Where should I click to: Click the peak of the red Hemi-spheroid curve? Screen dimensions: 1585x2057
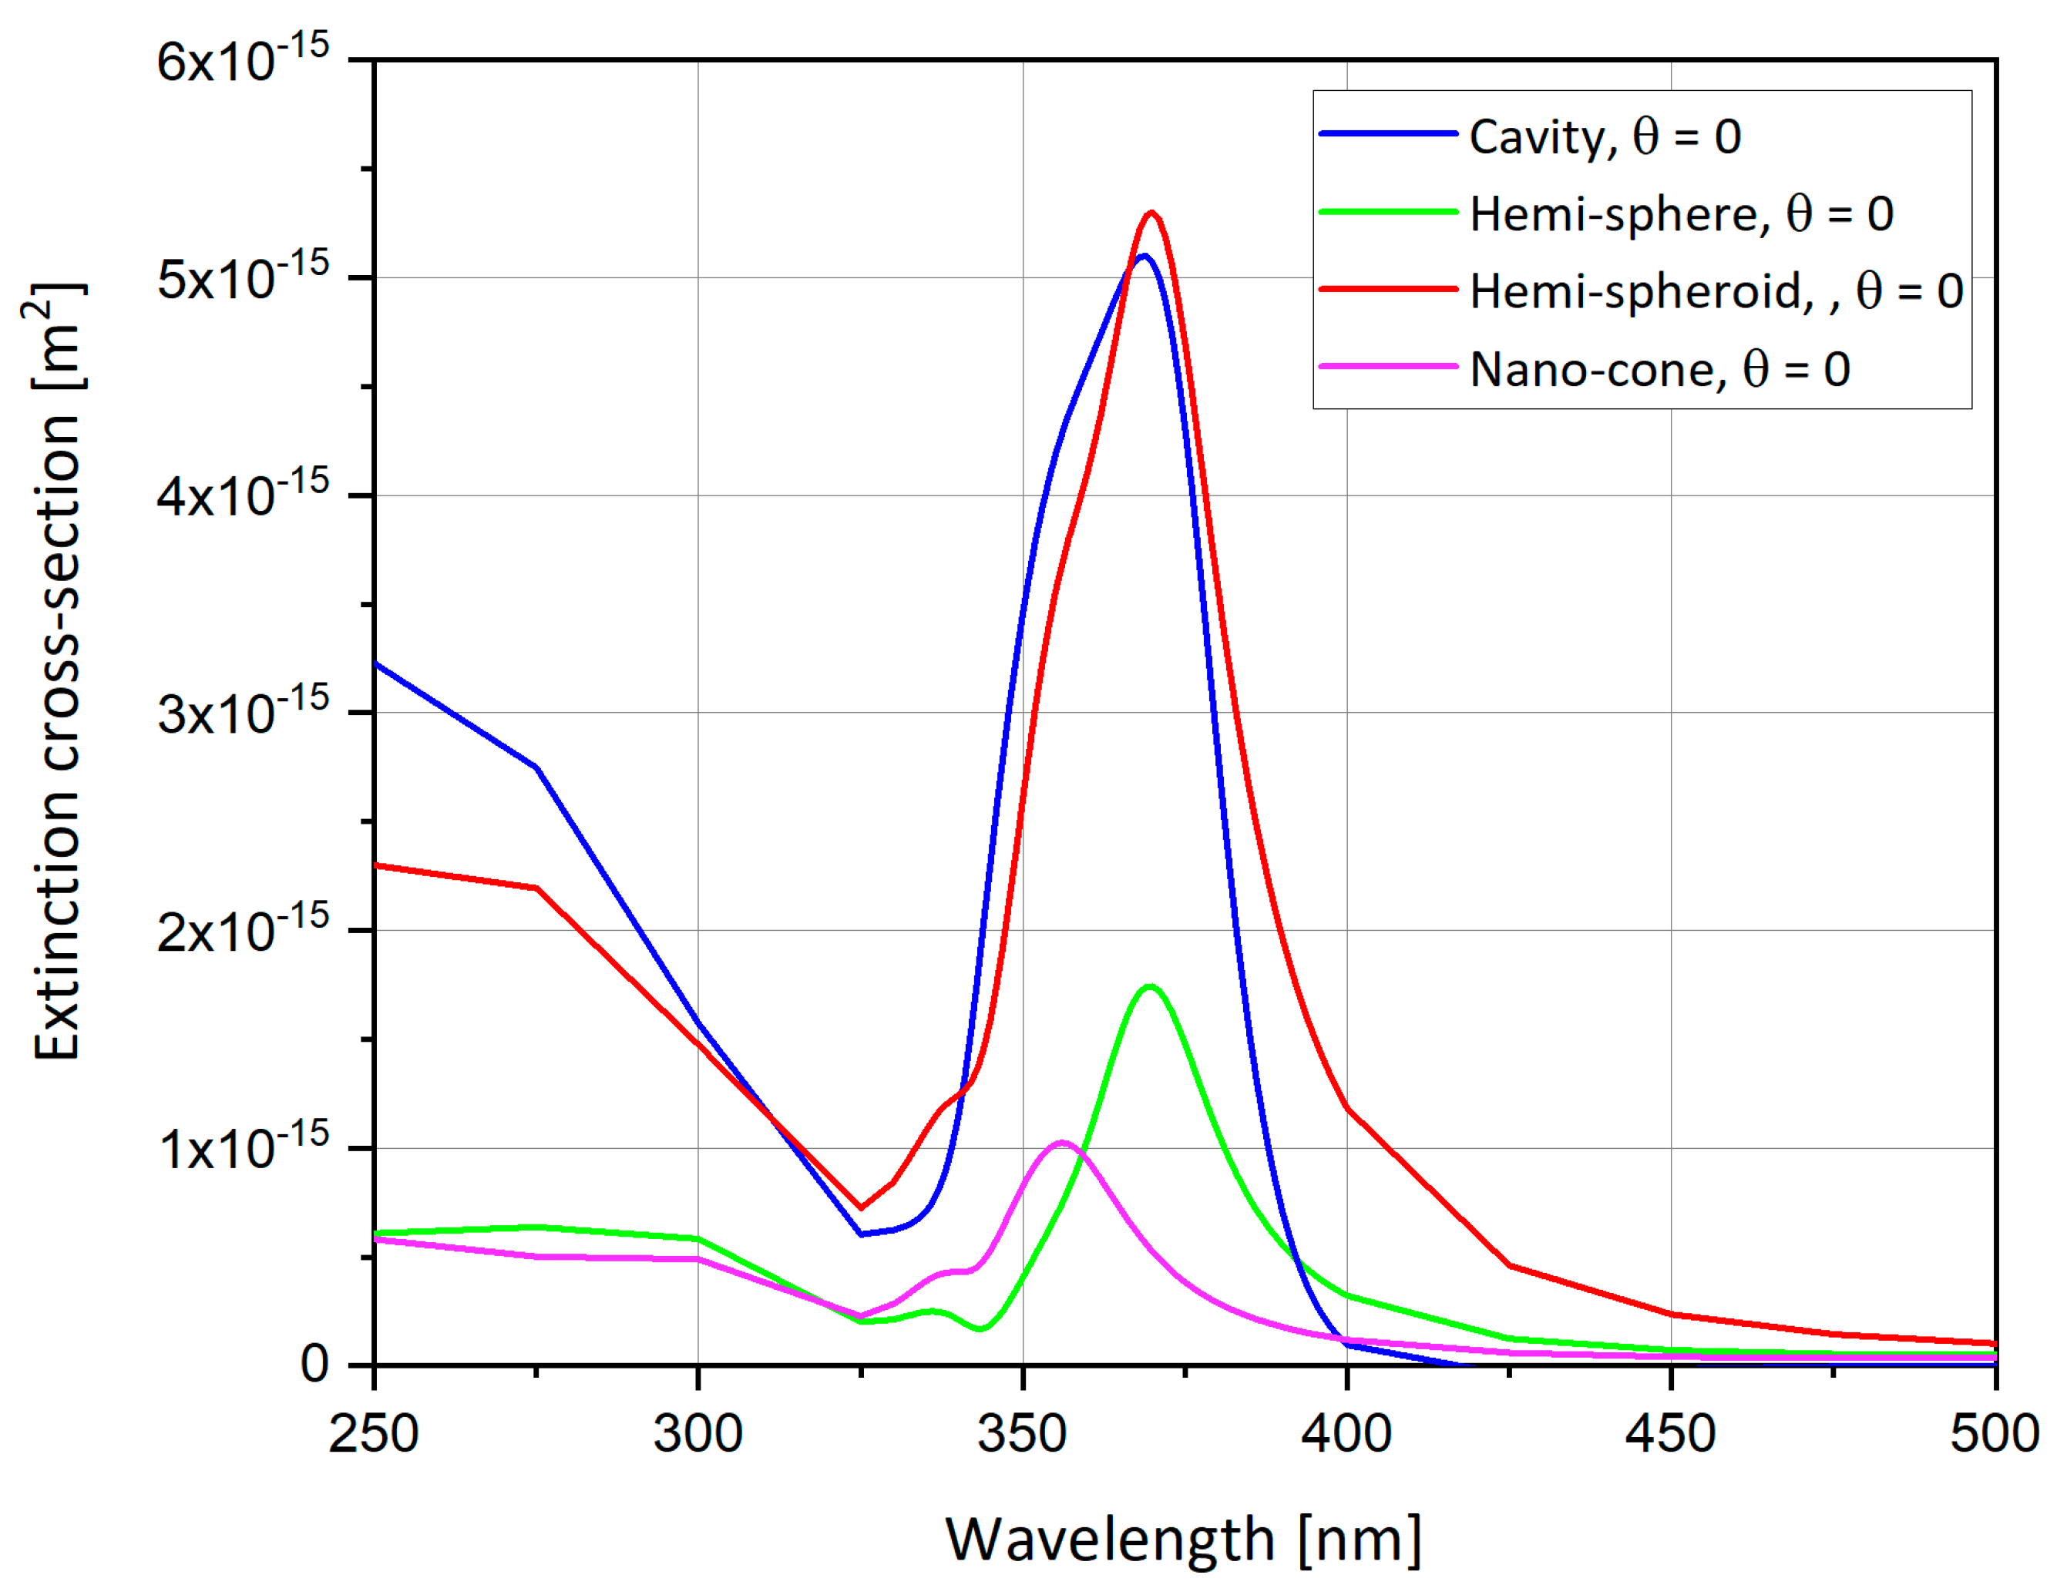[1151, 213]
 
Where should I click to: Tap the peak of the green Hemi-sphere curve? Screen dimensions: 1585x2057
[1150, 986]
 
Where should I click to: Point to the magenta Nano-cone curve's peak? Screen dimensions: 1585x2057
[1062, 1143]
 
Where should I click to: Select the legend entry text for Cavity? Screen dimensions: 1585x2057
[1604, 137]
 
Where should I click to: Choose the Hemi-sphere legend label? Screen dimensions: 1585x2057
[1681, 215]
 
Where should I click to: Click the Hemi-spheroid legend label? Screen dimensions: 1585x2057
[1715, 292]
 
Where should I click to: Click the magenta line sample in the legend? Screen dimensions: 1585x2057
[1387, 366]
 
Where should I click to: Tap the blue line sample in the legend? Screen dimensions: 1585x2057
[1387, 135]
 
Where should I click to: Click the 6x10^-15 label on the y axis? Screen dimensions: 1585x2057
[242, 61]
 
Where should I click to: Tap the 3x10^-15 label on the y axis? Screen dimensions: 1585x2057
[242, 713]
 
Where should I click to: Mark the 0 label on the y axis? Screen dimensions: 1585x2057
[314, 1365]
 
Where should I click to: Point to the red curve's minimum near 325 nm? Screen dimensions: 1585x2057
[861, 1207]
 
